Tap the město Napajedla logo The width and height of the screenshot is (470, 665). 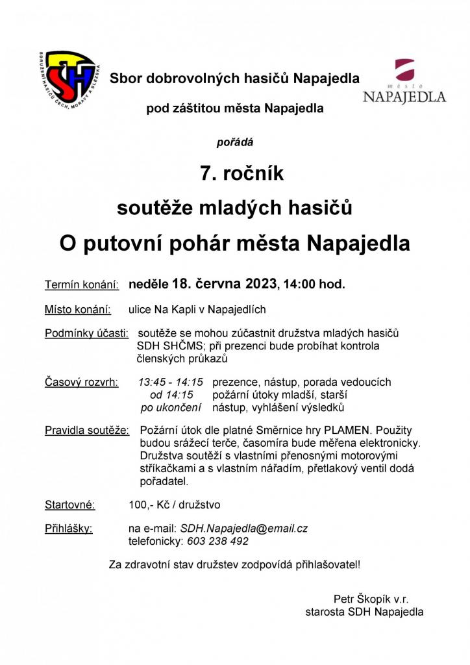coord(404,82)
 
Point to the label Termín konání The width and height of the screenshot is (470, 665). coord(82,284)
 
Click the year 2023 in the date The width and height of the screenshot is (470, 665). coord(261,284)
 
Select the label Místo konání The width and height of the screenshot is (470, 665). coord(78,309)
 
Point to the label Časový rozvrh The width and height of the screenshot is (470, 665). coord(82,383)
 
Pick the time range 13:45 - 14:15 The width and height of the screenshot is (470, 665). coord(171,383)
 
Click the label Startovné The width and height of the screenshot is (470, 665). coord(70,505)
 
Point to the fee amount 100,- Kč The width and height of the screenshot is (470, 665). coord(150,505)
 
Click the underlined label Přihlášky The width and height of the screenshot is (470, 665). coord(69,529)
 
